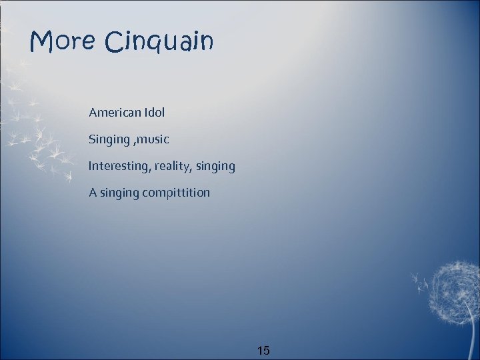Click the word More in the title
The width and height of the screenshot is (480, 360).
click(x=63, y=41)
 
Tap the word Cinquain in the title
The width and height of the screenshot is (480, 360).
click(x=159, y=43)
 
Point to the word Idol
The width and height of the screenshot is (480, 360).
click(x=153, y=113)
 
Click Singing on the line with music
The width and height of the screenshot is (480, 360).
click(x=109, y=140)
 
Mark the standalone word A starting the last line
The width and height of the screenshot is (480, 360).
click(x=93, y=193)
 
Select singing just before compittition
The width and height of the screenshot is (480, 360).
click(x=119, y=193)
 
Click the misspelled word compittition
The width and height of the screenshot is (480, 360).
click(x=176, y=193)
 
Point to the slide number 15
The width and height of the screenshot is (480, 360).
click(x=263, y=350)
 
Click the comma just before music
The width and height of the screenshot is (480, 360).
click(x=135, y=143)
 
